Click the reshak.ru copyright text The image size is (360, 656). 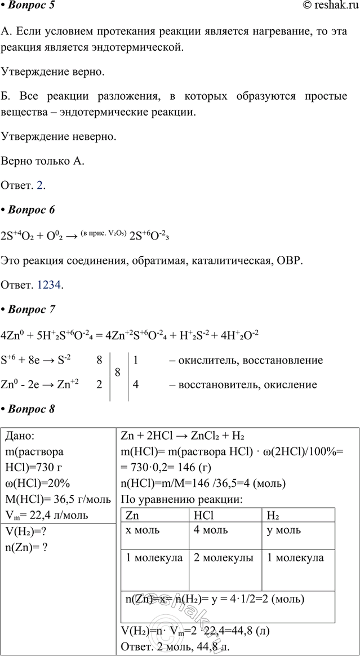tap(329, 6)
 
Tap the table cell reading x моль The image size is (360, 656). tap(144, 530)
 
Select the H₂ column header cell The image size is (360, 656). tap(274, 516)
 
